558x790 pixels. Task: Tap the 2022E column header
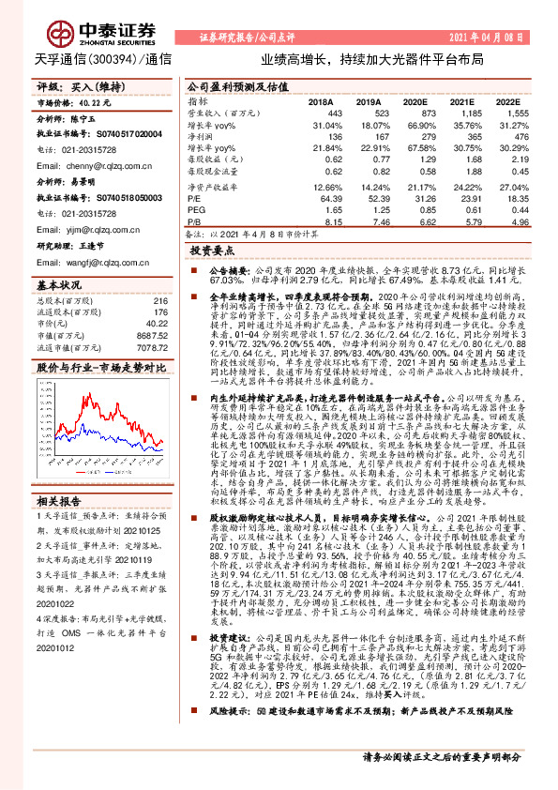click(507, 99)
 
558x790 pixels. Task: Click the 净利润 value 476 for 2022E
click(512, 137)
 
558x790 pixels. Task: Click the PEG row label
click(196, 211)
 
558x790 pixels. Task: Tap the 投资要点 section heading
click(212, 251)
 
